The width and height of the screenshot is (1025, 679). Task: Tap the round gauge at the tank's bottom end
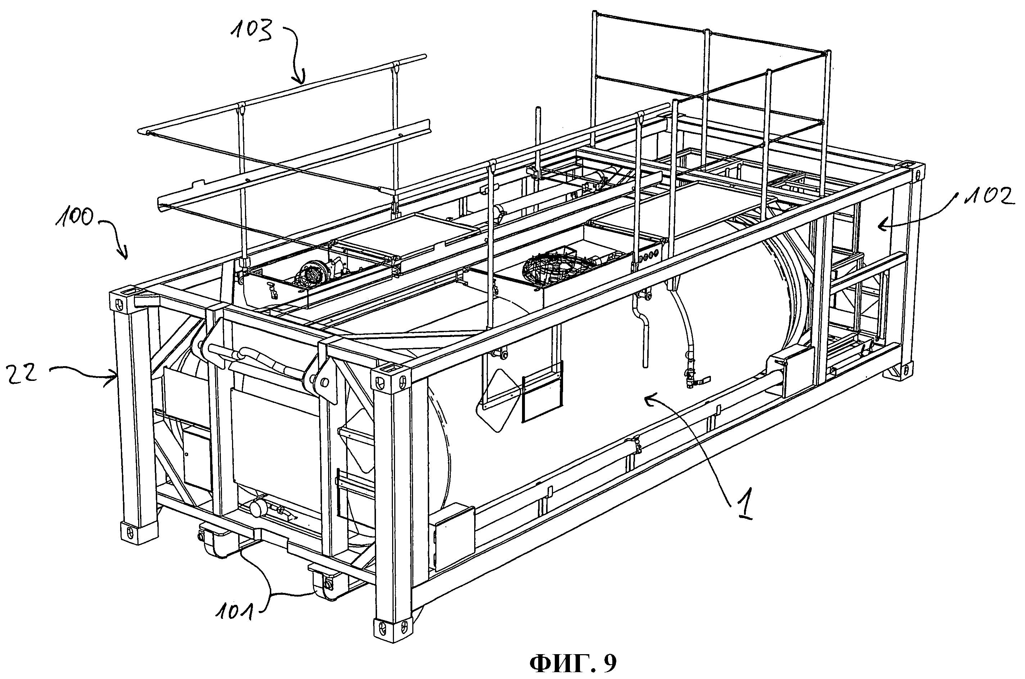point(258,509)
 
